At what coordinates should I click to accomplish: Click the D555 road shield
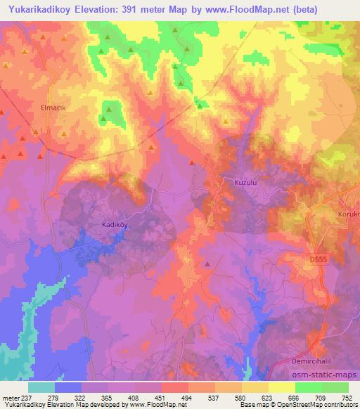[318, 260]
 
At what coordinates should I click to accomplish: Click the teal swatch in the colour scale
[41, 387]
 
